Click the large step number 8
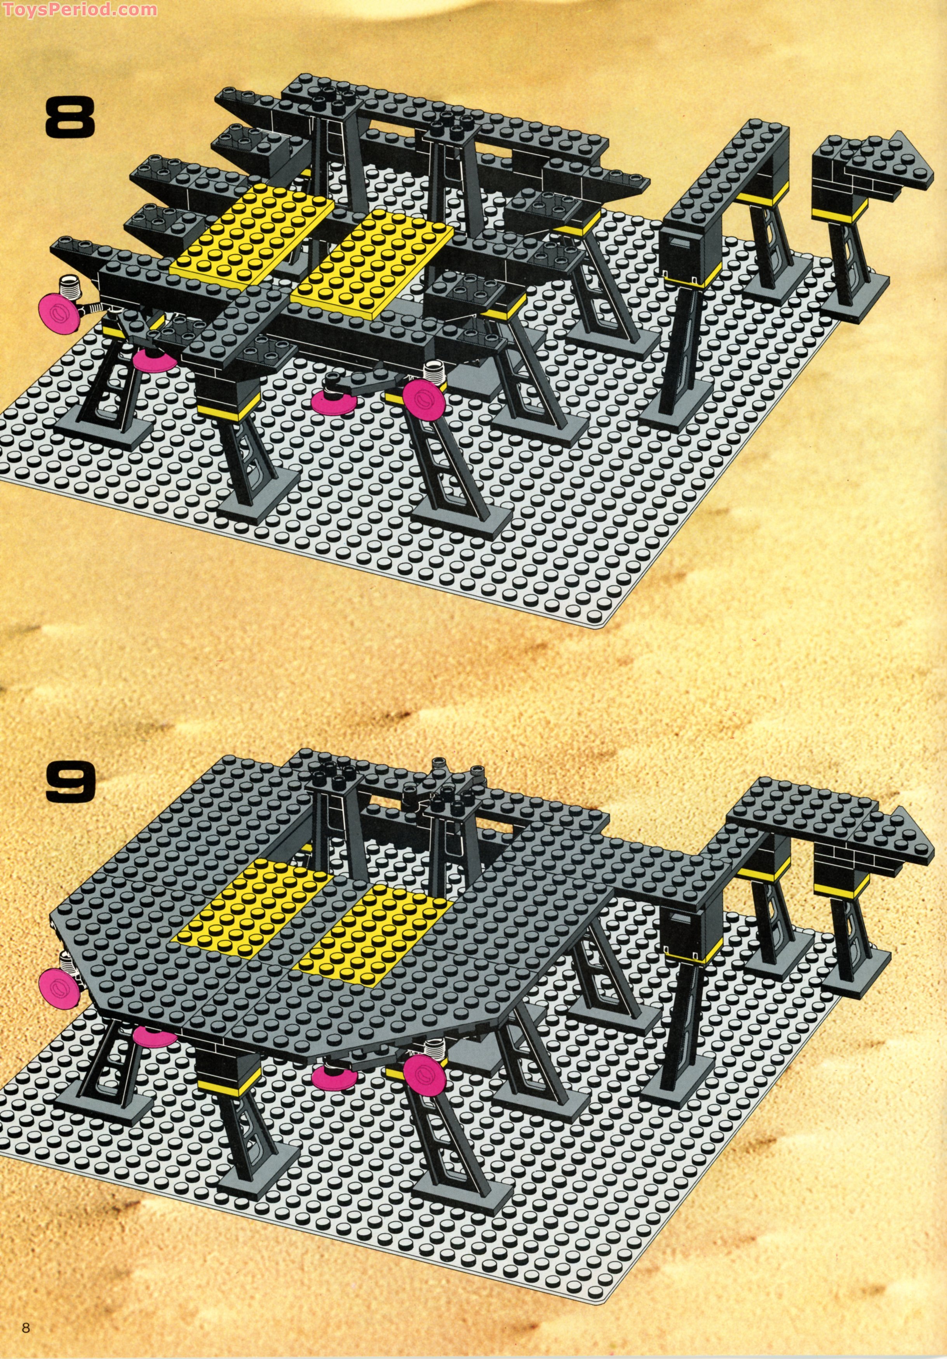pyautogui.click(x=70, y=118)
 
